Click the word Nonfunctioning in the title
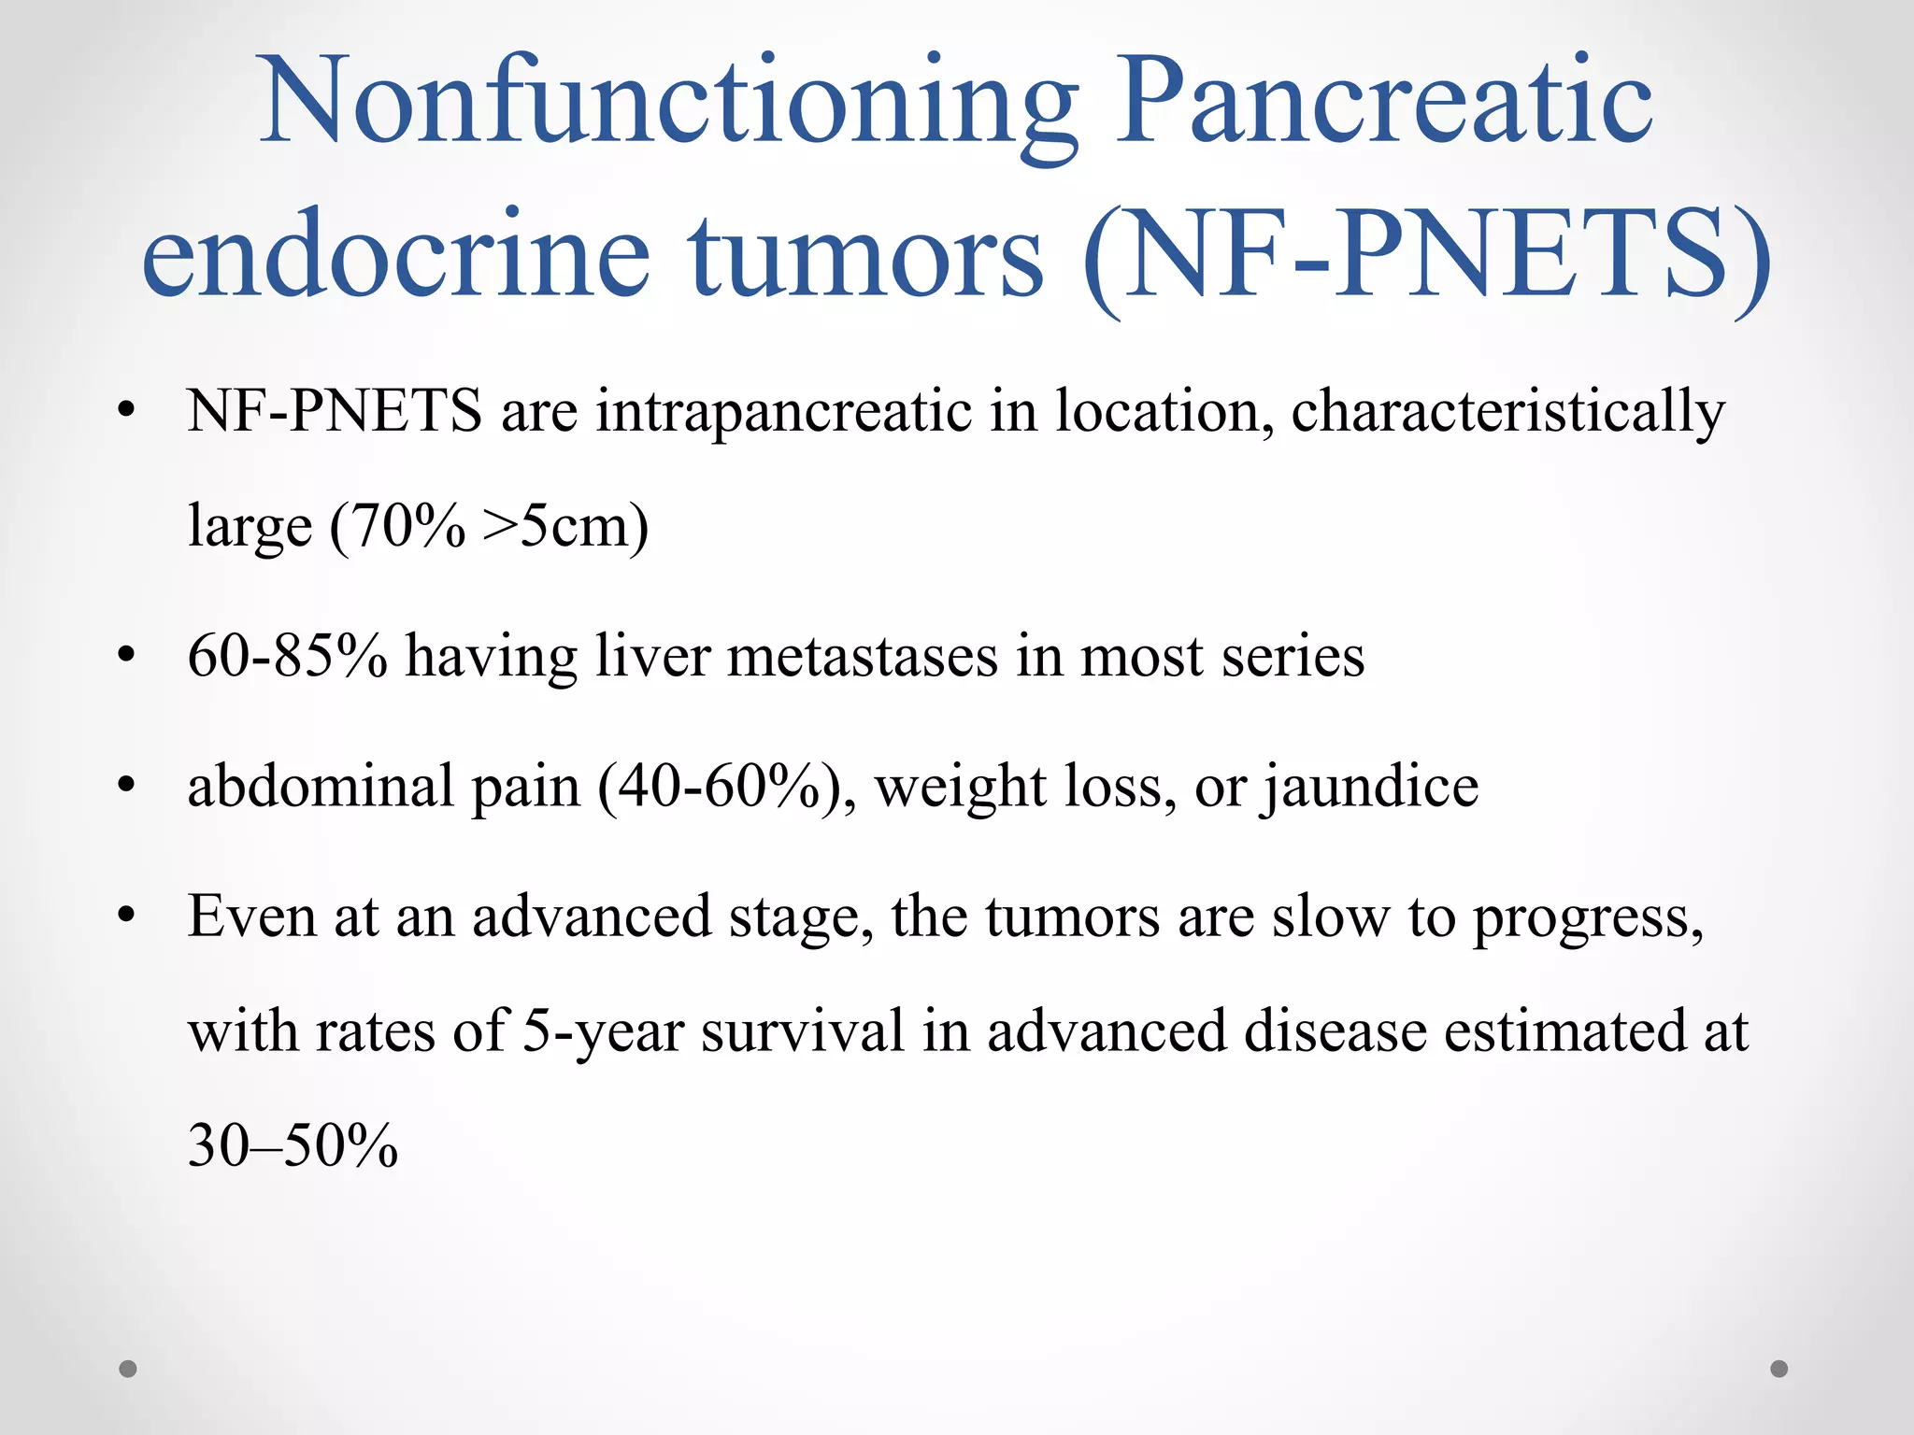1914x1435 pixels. pos(668,103)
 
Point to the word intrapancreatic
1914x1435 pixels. pos(783,412)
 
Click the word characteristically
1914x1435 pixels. pos(1507,412)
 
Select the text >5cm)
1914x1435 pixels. pos(565,526)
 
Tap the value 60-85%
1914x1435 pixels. pos(287,656)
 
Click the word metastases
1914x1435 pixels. pos(862,656)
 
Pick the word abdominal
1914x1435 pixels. pos(320,787)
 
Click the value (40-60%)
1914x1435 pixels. pos(725,787)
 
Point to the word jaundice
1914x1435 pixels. pos(1371,787)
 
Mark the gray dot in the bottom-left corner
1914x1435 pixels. pos(128,1369)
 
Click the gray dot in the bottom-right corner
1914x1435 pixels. pos(1779,1369)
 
